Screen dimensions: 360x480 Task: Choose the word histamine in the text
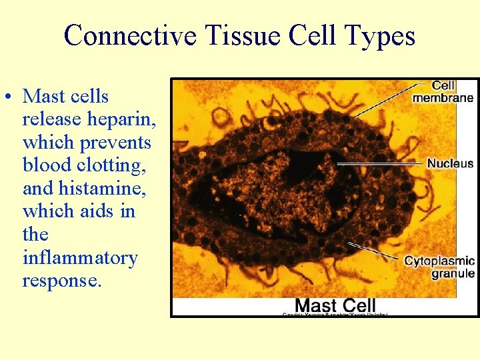click(107, 189)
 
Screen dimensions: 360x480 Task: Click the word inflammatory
click(79, 257)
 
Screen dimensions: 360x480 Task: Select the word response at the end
click(62, 281)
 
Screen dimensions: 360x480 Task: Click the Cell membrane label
click(443, 91)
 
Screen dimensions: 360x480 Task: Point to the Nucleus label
click(450, 163)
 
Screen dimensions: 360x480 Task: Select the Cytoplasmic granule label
click(439, 267)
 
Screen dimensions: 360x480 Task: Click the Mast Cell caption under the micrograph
click(335, 305)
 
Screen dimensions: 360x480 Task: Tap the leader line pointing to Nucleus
click(380, 163)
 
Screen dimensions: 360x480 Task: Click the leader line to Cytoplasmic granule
click(373, 252)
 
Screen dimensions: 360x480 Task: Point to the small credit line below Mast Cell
click(335, 314)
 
